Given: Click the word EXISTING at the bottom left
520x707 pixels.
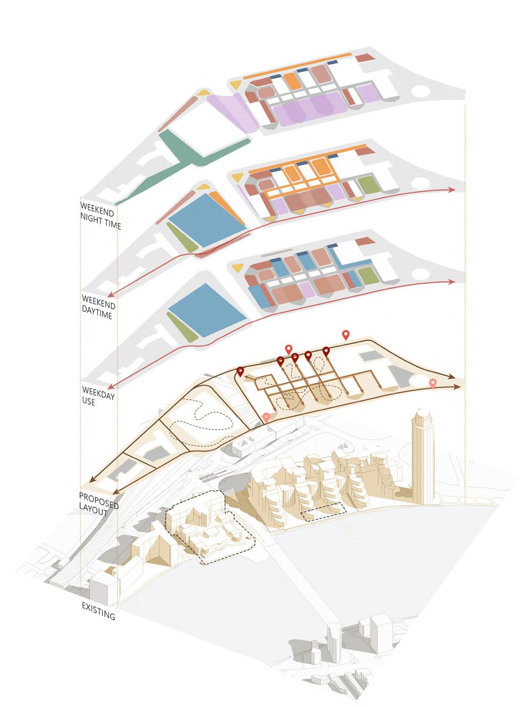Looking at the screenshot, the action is (98, 611).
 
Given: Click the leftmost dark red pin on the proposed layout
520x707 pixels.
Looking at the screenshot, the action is (240, 372).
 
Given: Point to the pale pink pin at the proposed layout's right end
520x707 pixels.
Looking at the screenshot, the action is (433, 383).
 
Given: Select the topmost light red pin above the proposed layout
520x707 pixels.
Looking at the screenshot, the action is (346, 334).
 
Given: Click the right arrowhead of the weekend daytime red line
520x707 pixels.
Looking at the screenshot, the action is (452, 190).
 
